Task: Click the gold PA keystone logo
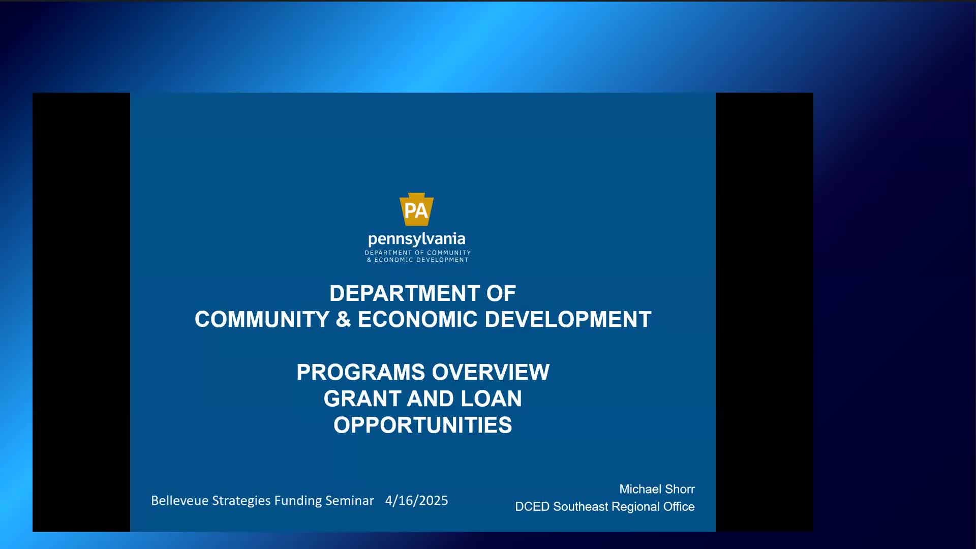tap(416, 209)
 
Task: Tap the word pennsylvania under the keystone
tap(416, 239)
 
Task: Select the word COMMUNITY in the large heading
tap(262, 320)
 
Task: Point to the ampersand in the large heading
tap(344, 320)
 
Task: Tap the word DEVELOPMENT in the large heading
tap(568, 320)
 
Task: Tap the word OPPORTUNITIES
tap(423, 425)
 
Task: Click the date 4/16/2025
tap(417, 501)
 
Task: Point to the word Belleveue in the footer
tap(179, 501)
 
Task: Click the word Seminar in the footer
tap(350, 501)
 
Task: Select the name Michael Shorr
tap(657, 489)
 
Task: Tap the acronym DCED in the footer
tap(532, 507)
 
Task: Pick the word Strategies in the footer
tap(241, 501)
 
